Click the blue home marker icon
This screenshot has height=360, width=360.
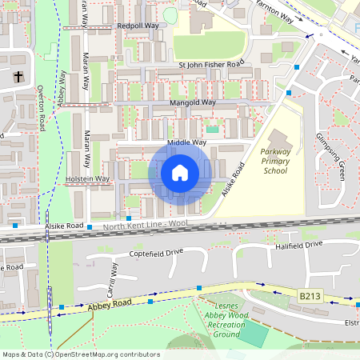[180, 173]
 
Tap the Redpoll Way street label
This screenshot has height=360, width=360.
[138, 26]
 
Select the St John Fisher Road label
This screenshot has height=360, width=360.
[210, 64]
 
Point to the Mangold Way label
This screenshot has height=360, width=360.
[193, 103]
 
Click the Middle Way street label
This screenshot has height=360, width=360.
[186, 142]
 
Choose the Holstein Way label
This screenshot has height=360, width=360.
[87, 178]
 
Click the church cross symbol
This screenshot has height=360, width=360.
[18, 78]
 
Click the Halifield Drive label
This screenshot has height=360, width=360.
[298, 244]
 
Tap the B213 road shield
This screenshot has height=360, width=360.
[310, 296]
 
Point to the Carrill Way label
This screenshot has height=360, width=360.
[110, 277]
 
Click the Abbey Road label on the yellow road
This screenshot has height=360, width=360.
[109, 304]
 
